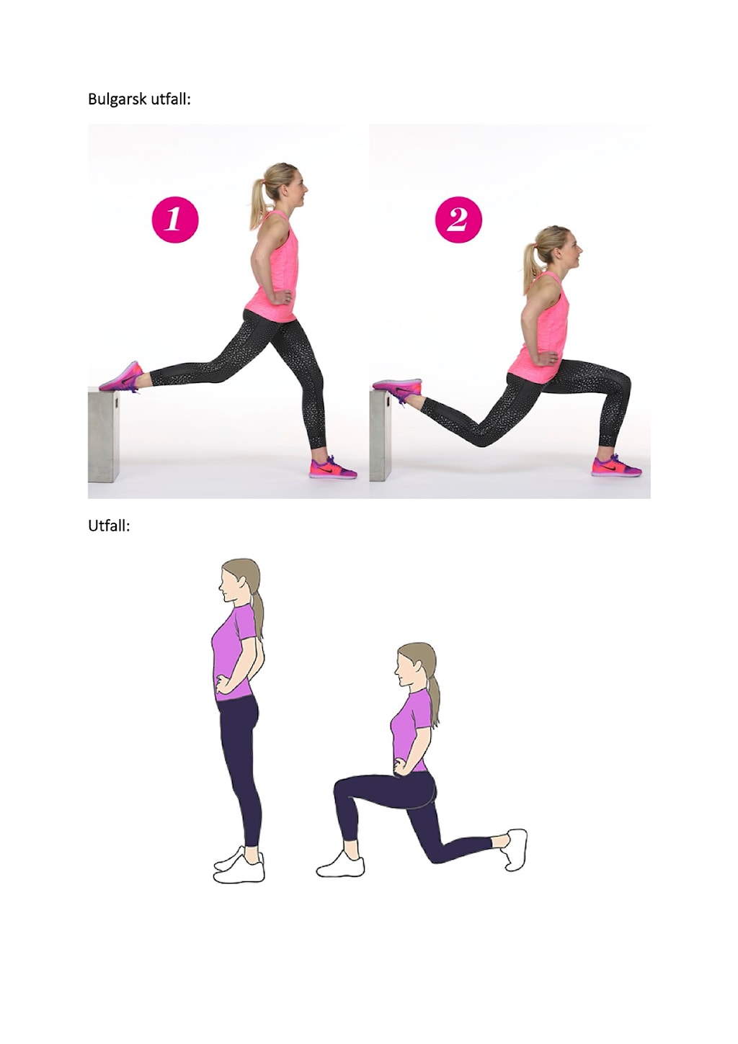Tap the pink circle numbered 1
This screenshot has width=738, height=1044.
point(175,219)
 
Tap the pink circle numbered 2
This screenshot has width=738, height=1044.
point(458,219)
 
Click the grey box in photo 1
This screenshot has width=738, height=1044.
point(104,437)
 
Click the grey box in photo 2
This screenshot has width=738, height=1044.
point(381,436)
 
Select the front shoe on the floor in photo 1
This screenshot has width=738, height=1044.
point(332,467)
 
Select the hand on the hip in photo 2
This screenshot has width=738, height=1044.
point(551,359)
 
